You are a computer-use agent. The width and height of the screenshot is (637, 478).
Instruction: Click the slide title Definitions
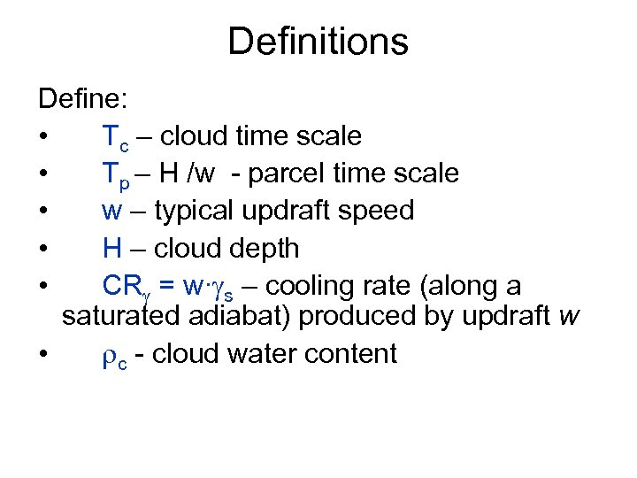[318, 42]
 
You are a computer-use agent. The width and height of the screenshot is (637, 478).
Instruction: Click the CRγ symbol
[123, 288]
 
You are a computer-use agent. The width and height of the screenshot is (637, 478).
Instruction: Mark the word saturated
[121, 316]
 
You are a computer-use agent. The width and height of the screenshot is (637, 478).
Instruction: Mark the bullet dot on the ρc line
[42, 355]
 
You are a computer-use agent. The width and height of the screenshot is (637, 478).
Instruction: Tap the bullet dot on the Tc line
[42, 137]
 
